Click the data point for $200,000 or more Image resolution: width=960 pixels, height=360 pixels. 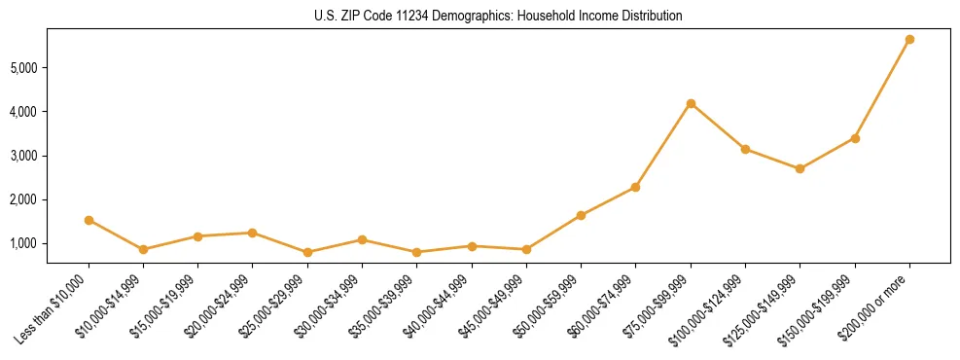909,40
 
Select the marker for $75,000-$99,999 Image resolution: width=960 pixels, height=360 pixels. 691,103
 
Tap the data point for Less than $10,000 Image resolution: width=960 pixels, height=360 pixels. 89,220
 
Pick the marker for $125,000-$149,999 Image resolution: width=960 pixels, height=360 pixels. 800,168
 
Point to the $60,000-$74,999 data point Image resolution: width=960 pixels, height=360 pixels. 635,187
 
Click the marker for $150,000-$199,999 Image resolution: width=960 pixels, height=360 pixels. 855,138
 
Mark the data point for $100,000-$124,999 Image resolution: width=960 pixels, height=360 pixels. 745,149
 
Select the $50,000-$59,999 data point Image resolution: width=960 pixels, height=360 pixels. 581,215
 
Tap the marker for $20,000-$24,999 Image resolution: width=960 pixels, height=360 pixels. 252,233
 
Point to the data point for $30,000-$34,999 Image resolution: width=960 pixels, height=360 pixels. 362,239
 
